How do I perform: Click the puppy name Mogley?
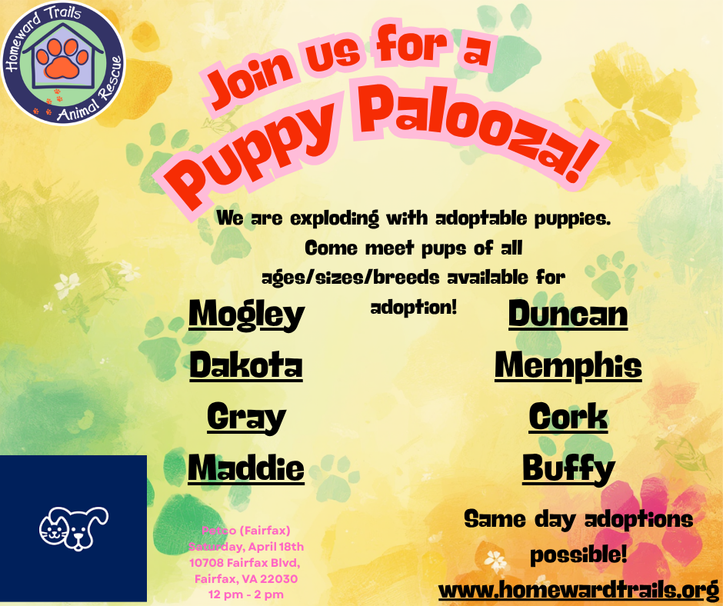247,315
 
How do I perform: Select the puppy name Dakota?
246,365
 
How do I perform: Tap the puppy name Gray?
246,418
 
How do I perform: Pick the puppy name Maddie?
246,468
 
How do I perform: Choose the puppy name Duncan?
568,314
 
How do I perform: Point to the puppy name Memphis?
568,366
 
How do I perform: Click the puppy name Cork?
568,417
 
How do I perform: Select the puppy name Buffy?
568,469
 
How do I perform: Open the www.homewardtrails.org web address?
578,590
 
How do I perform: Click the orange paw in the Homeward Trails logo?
63,58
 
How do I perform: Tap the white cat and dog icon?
74,528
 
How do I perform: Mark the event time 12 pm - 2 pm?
246,594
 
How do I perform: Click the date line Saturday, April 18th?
246,547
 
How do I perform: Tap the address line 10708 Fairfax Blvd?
245,563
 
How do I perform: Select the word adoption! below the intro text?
414,308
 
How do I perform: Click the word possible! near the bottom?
578,554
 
